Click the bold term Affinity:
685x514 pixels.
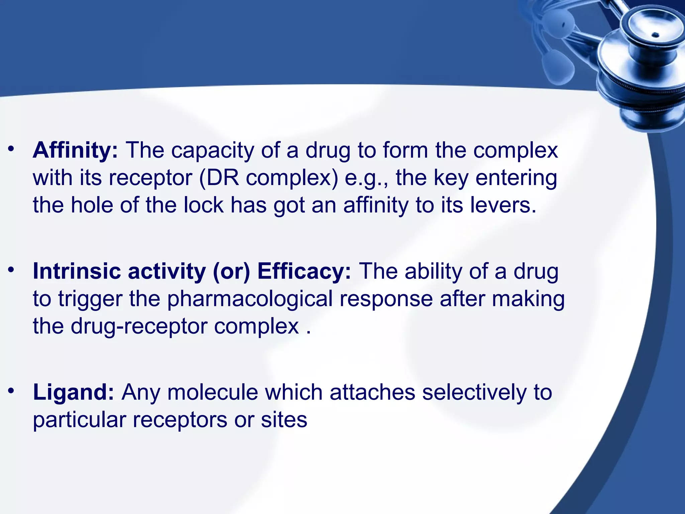click(x=75, y=150)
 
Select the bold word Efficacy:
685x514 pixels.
click(x=304, y=271)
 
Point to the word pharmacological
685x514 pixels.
click(x=250, y=298)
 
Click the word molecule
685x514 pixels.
click(x=213, y=392)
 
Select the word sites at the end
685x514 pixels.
click(x=284, y=420)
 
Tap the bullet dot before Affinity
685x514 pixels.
click(x=12, y=149)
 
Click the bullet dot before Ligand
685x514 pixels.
click(x=12, y=391)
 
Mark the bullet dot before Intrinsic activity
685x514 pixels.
click(x=12, y=269)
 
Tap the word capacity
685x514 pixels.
click(x=212, y=150)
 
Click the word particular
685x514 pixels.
click(x=79, y=420)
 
